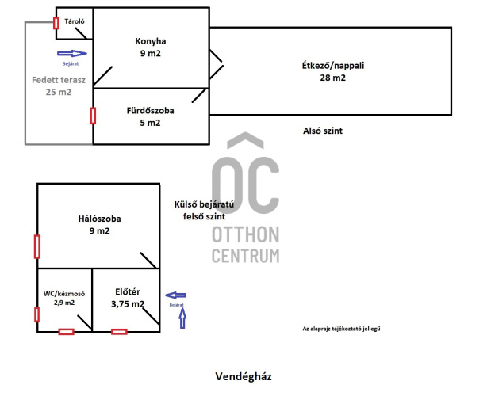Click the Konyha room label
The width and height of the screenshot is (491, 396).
[150, 40]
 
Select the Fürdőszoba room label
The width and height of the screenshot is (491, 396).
[150, 111]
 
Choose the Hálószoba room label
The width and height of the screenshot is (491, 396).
[99, 218]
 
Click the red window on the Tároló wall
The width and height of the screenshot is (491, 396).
[56, 22]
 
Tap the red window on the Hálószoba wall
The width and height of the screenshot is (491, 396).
[36, 246]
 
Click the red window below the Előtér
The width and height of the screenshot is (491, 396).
[119, 331]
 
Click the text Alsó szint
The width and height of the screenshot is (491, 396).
[323, 131]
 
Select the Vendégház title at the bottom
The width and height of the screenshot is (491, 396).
[244, 377]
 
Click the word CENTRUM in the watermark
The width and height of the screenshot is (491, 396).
[246, 255]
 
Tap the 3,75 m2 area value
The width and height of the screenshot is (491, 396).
[128, 303]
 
